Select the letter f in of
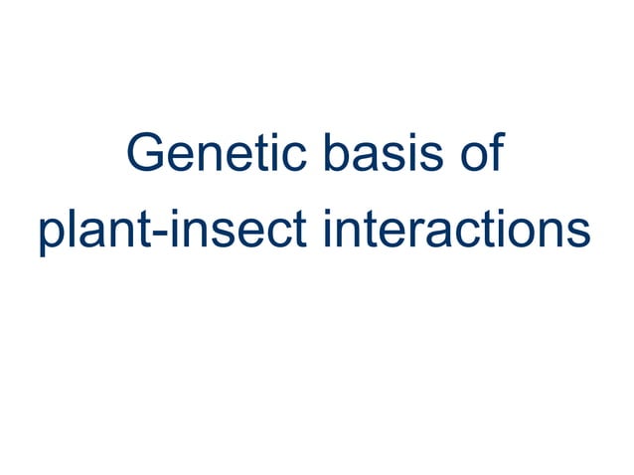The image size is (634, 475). tap(492, 157)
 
